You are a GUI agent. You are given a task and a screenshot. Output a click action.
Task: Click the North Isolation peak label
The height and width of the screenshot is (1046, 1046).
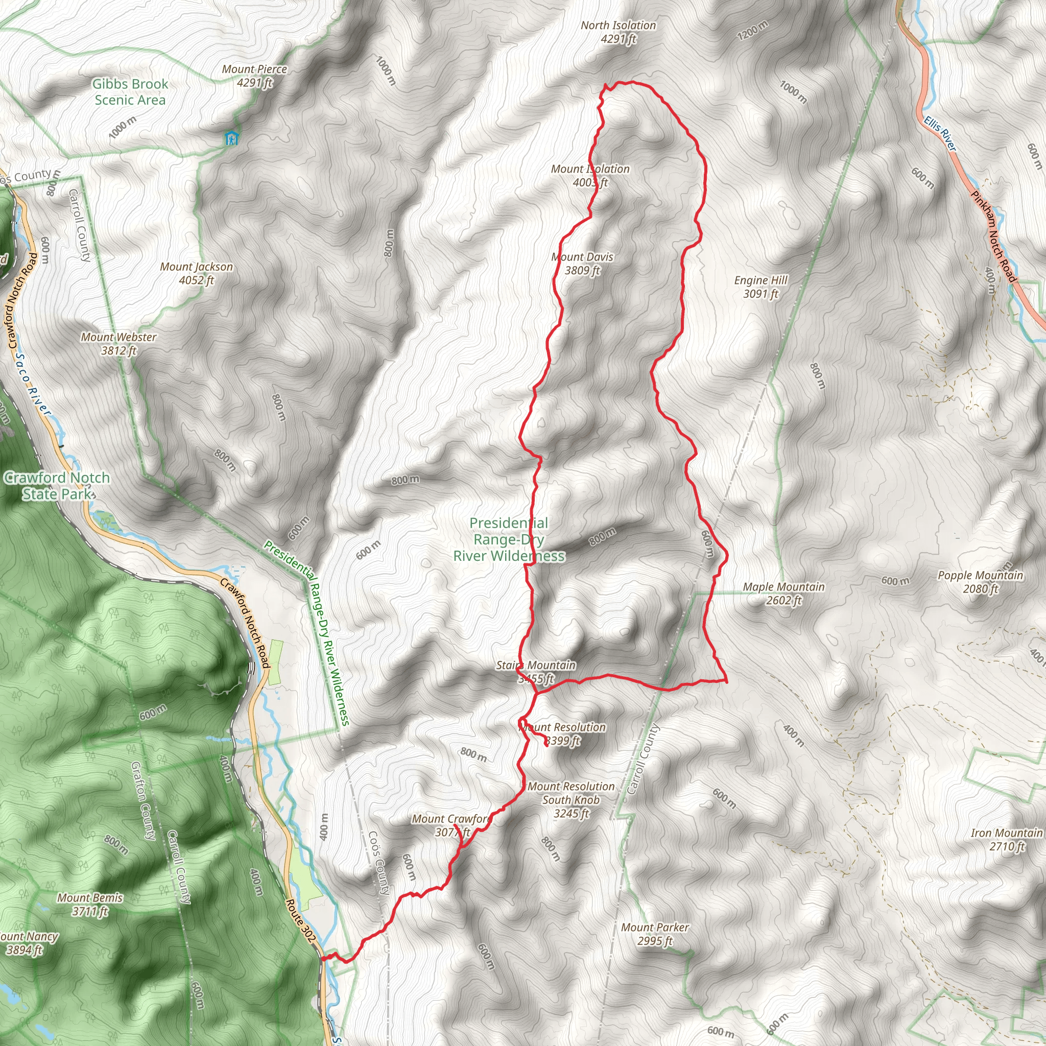coord(618,32)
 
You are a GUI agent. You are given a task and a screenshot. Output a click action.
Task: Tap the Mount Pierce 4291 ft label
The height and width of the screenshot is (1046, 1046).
coord(254,76)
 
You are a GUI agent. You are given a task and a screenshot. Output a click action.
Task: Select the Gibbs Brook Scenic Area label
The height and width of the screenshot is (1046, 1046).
coord(130,91)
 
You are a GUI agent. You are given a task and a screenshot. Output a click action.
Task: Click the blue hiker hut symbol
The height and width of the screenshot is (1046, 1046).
coord(231,138)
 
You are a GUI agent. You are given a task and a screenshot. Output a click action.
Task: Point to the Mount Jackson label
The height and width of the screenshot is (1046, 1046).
coord(197,273)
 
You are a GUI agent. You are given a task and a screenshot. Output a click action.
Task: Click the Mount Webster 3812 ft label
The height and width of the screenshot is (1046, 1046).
coord(118,344)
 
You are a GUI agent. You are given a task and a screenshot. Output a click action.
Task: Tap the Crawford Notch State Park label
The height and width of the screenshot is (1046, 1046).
coord(57,486)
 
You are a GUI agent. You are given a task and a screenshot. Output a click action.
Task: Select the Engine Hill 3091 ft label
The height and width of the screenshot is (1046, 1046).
coord(760,287)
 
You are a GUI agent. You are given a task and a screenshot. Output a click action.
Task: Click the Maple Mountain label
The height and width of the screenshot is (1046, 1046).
coord(783,593)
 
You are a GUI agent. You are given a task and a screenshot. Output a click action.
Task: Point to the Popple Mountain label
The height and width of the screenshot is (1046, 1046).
coord(980,582)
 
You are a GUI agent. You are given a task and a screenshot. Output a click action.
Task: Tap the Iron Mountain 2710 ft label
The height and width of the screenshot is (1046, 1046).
coord(1007,839)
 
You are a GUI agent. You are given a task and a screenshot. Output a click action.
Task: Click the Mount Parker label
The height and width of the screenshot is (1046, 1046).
coord(655,934)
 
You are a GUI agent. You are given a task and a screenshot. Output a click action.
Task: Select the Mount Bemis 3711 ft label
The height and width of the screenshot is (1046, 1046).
coord(90,904)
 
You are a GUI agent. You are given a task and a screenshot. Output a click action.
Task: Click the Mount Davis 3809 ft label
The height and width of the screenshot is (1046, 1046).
coord(583,264)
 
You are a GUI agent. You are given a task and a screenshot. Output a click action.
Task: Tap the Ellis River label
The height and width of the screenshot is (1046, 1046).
coord(940,133)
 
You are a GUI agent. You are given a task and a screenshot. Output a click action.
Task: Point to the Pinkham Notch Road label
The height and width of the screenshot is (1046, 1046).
coord(993,236)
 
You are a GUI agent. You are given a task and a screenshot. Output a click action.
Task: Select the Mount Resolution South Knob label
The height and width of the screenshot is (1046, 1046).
coord(571,800)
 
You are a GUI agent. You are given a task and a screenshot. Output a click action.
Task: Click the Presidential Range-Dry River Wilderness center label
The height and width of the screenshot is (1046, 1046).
coord(509,539)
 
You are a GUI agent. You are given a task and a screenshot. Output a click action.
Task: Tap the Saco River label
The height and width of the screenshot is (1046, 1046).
coord(33,385)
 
